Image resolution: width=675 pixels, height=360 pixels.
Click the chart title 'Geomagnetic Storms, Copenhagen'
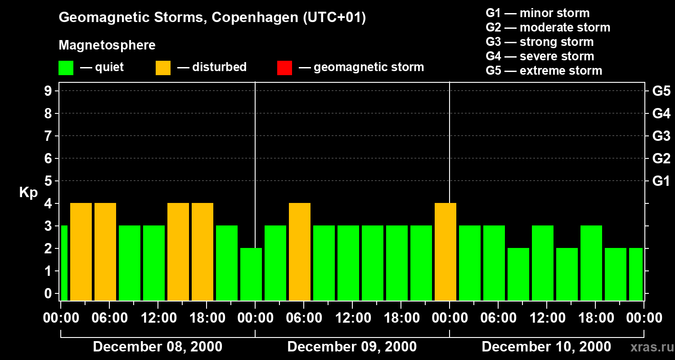pos(212,18)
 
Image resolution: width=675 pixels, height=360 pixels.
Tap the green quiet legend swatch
pos(66,67)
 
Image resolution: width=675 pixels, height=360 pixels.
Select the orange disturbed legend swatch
pos(163,67)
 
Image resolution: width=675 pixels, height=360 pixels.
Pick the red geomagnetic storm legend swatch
pos(284,67)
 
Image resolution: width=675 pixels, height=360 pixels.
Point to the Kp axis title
pos(28,193)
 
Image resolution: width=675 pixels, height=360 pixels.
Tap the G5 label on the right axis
pos(661,91)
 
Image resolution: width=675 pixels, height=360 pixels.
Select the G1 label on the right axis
pos(661,181)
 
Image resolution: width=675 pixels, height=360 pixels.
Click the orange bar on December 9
pos(300,252)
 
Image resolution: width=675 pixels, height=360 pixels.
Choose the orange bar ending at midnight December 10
pos(445,252)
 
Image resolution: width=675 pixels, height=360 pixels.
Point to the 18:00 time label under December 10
pos(595,318)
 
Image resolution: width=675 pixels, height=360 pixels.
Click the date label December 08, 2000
pos(157,347)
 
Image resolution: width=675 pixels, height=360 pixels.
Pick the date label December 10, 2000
pos(546,347)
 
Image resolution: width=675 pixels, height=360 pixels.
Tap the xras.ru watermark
pos(650,347)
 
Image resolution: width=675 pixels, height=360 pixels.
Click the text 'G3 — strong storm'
pos(540,42)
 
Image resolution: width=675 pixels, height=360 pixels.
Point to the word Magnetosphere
pos(107,45)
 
